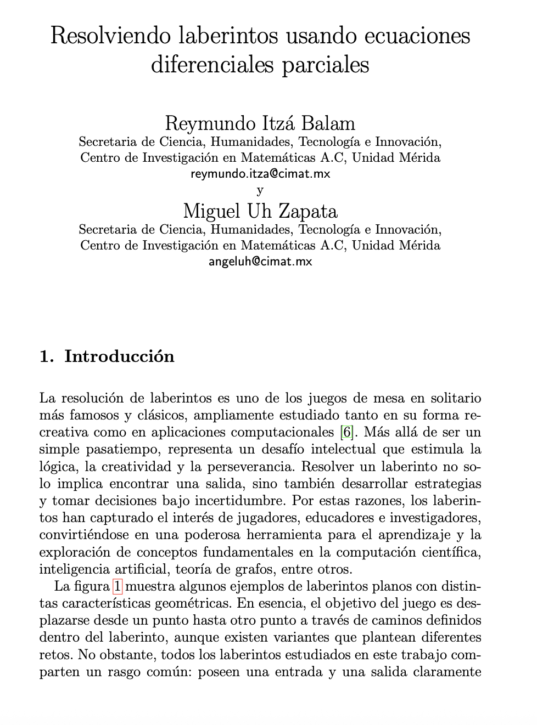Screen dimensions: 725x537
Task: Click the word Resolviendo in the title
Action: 111,36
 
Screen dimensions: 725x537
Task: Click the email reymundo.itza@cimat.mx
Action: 260,174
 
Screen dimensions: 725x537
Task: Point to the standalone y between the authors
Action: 260,190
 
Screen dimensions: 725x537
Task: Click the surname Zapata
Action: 309,211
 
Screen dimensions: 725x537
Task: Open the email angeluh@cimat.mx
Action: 260,262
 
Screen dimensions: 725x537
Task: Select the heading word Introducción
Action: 119,356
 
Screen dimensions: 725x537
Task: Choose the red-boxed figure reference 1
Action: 118,586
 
